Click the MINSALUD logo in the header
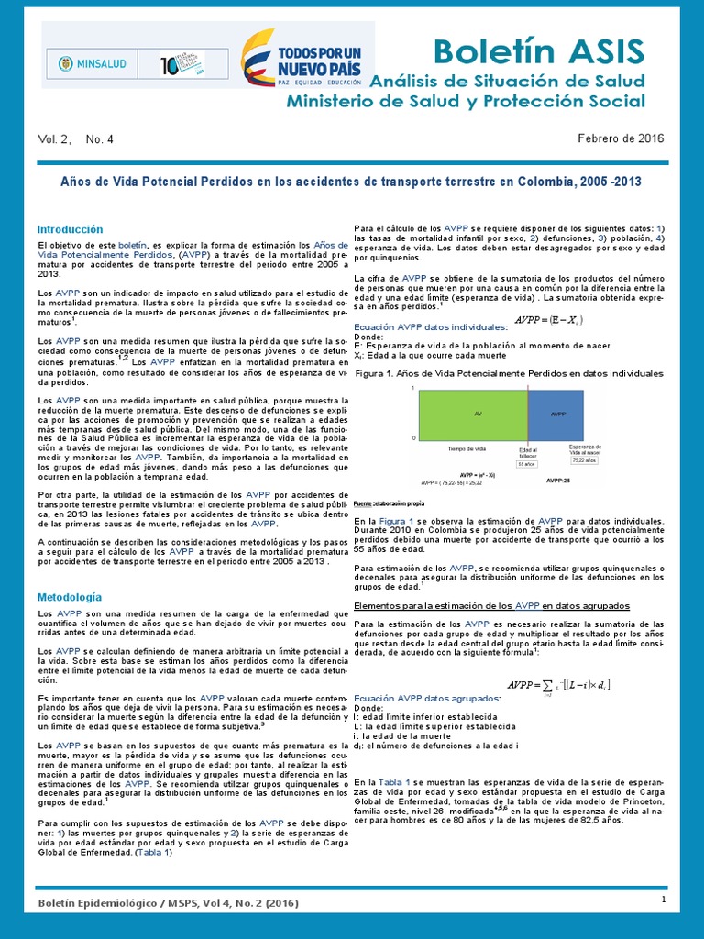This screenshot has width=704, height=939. [93, 66]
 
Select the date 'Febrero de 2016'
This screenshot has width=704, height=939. [621, 138]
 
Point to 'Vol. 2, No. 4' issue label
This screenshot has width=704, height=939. [76, 139]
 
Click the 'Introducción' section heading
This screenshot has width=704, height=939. [70, 229]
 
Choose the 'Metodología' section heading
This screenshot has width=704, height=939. [69, 597]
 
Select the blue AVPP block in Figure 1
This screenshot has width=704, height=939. [555, 414]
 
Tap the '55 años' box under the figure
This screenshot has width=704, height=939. [526, 465]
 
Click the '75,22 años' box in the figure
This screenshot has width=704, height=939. [583, 460]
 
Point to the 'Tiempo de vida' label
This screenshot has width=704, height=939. [467, 449]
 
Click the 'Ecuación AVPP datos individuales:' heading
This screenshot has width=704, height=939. [430, 326]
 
